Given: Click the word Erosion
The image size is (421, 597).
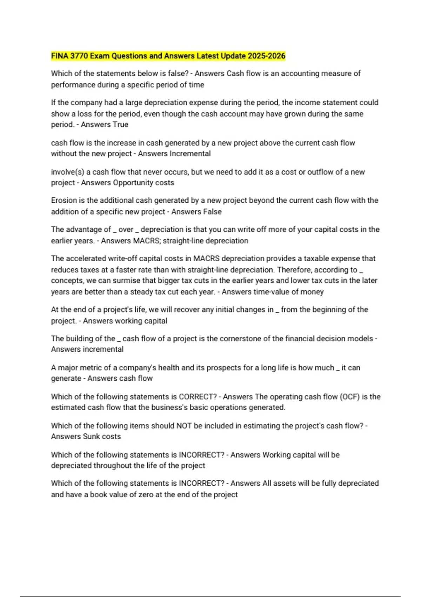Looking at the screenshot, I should pyautogui.click(x=64, y=201).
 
